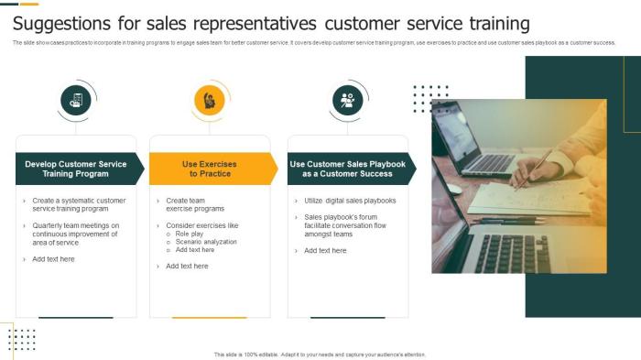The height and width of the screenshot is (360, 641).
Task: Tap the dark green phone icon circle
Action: (x=76, y=100)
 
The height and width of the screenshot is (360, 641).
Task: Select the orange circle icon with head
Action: (x=210, y=100)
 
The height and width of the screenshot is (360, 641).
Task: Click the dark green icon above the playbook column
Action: (x=347, y=100)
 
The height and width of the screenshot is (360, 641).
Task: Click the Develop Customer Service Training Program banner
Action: (x=77, y=169)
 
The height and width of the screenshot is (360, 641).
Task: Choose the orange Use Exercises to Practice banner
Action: (x=211, y=169)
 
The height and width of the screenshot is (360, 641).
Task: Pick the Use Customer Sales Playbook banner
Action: (x=348, y=169)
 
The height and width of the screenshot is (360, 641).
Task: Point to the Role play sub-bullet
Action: (x=190, y=234)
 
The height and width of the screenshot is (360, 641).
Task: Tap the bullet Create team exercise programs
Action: (x=195, y=204)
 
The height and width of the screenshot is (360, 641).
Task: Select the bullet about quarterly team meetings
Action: (x=76, y=234)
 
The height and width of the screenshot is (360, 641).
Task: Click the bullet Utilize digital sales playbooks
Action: (x=350, y=200)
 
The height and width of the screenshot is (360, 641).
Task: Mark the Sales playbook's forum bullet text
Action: (x=351, y=225)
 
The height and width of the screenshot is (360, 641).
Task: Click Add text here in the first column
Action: (x=53, y=259)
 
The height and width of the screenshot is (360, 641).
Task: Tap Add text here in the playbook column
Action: (x=325, y=250)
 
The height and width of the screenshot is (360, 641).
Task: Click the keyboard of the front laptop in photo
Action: (x=513, y=252)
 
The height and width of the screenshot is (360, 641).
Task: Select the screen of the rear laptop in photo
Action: (x=455, y=133)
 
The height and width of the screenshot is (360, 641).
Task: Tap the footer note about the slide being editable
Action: (x=320, y=355)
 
